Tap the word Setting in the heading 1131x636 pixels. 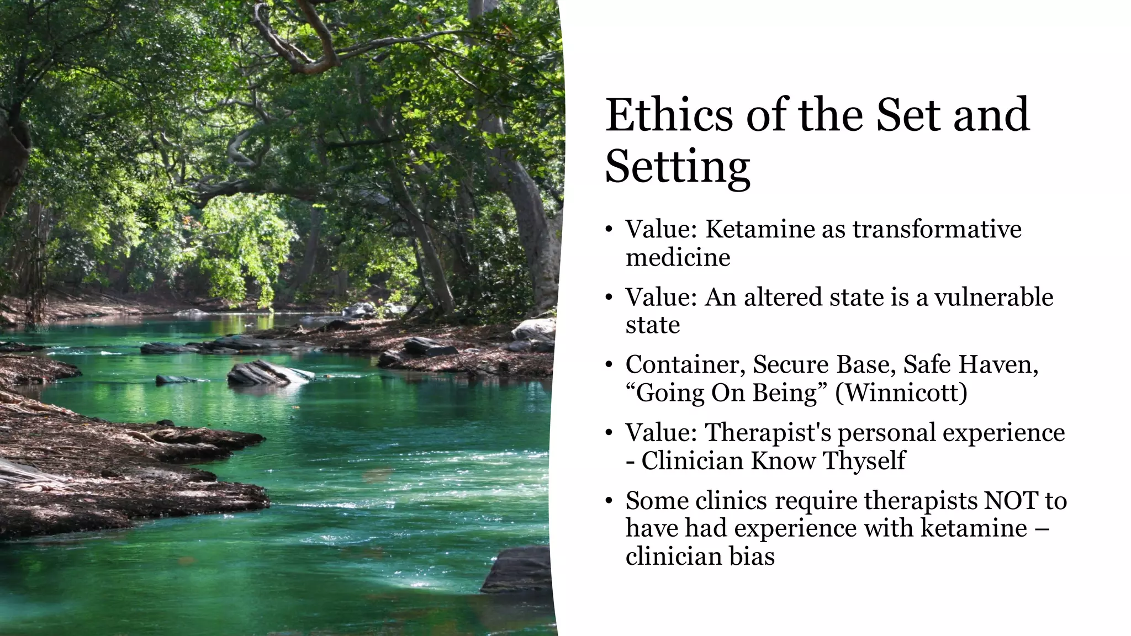point(678,167)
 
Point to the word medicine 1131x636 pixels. point(678,257)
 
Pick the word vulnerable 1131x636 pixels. point(993,297)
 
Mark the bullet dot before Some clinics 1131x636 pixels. point(609,501)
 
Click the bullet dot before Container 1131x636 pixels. point(609,365)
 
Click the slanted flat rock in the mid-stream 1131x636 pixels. point(265,374)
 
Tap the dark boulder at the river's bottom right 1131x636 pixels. point(519,570)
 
